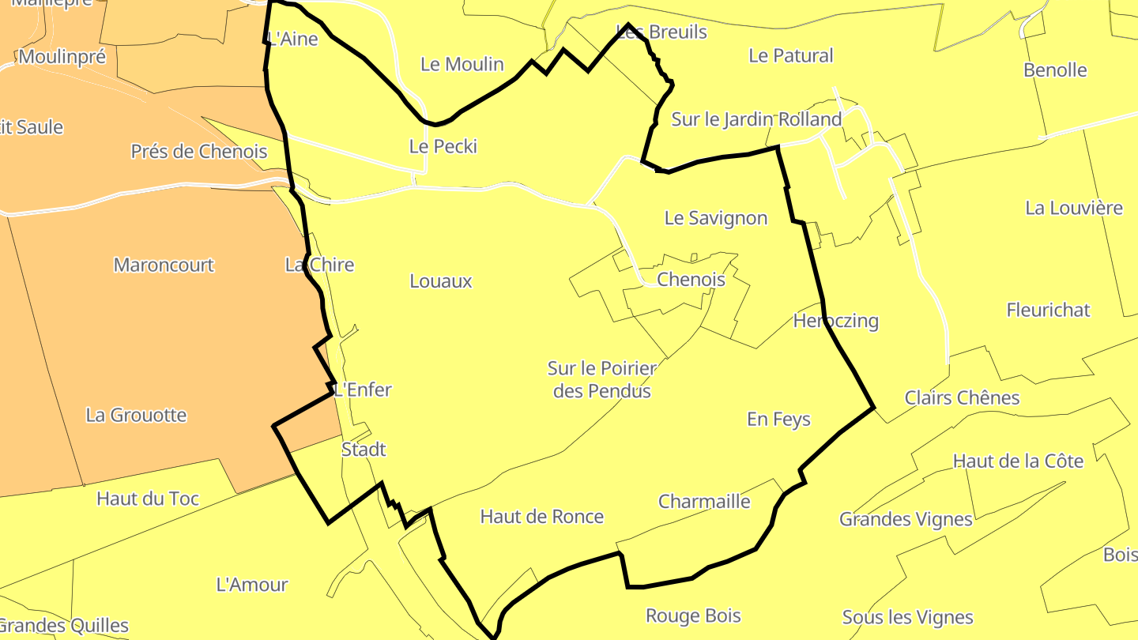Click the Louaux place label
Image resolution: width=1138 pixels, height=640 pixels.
point(441,280)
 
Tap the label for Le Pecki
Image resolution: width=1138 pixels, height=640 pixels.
point(443,146)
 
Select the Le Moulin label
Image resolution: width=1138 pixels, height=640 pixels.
point(462,64)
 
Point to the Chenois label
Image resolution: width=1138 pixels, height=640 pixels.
point(691,279)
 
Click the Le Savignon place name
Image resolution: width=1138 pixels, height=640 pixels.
point(716,218)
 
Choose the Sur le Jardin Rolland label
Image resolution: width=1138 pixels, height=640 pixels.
point(756,119)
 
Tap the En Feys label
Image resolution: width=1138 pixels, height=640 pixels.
point(779,420)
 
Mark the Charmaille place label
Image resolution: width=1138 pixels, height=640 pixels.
point(704,502)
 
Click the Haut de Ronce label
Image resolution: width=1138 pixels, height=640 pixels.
point(542,517)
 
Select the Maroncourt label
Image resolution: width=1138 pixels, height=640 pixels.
point(164,265)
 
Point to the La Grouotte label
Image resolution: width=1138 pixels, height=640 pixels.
point(136,415)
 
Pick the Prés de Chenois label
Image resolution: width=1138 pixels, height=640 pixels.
point(199,151)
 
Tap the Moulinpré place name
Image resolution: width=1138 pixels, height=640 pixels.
point(62,57)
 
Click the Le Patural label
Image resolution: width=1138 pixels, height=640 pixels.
point(791,55)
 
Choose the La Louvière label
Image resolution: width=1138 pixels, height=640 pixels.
point(1074,208)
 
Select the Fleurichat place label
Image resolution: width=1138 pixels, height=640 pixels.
point(1049,310)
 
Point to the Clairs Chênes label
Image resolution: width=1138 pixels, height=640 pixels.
point(963,397)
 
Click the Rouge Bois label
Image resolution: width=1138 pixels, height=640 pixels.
point(693,616)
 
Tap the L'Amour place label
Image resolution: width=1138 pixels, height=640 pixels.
point(252,585)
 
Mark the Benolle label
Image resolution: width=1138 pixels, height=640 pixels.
point(1055,70)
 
